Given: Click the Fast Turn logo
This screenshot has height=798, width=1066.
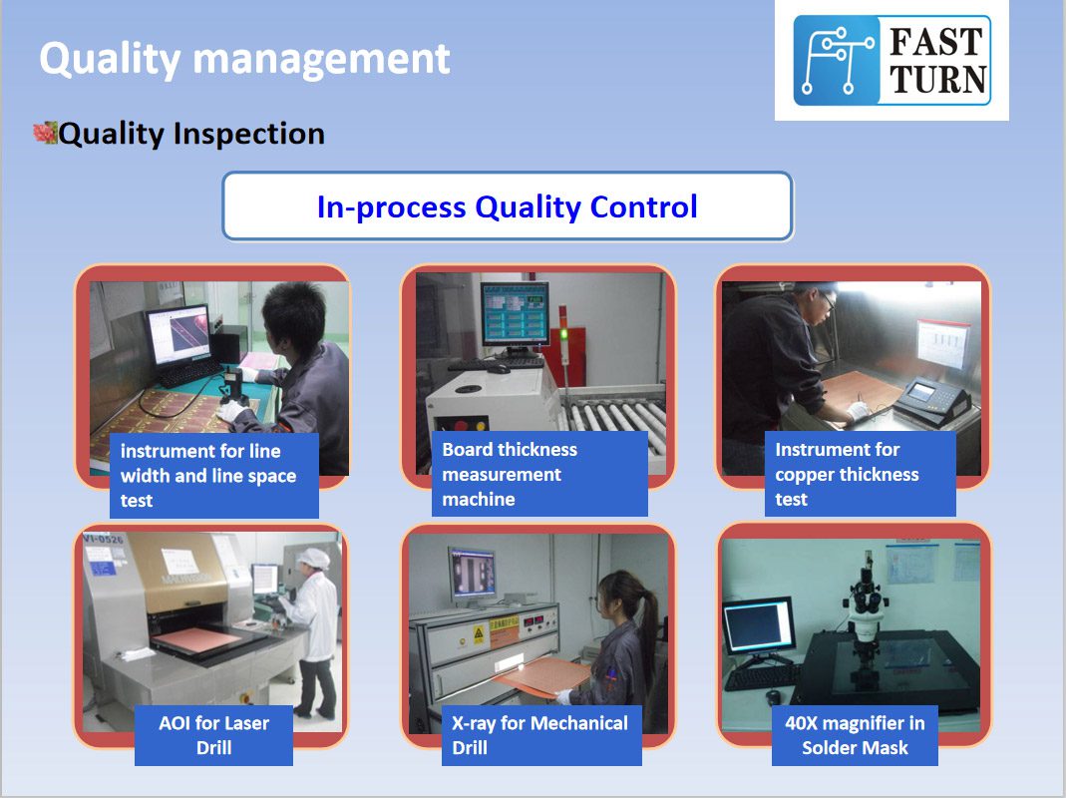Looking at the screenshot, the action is [891, 61].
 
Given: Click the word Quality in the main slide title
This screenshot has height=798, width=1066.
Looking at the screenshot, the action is [110, 59].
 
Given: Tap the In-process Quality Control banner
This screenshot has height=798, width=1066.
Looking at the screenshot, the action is [508, 206].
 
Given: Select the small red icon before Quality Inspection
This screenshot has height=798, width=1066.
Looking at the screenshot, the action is [45, 132].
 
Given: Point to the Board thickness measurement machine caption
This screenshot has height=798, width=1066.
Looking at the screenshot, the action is [539, 474].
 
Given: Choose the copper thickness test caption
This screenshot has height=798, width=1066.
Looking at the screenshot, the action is [860, 474].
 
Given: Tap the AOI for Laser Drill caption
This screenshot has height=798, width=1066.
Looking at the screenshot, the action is [213, 735].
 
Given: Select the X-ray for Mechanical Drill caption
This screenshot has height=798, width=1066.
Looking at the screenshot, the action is [541, 735].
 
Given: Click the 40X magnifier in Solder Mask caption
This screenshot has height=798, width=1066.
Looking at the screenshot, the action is [855, 735].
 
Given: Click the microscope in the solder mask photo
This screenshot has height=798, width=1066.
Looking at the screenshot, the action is [866, 612].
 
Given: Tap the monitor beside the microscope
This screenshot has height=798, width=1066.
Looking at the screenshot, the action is [758, 625].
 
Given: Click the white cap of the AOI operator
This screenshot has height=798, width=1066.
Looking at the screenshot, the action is [313, 559].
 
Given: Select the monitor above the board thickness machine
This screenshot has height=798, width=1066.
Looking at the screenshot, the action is [516, 315].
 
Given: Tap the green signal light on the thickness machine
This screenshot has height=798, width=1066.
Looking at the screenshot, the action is [562, 333].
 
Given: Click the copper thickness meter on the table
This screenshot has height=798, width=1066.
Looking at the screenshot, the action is [932, 400].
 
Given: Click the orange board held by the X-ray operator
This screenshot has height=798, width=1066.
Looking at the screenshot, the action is [541, 676].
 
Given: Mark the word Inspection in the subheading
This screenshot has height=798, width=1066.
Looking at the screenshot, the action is [249, 134].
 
